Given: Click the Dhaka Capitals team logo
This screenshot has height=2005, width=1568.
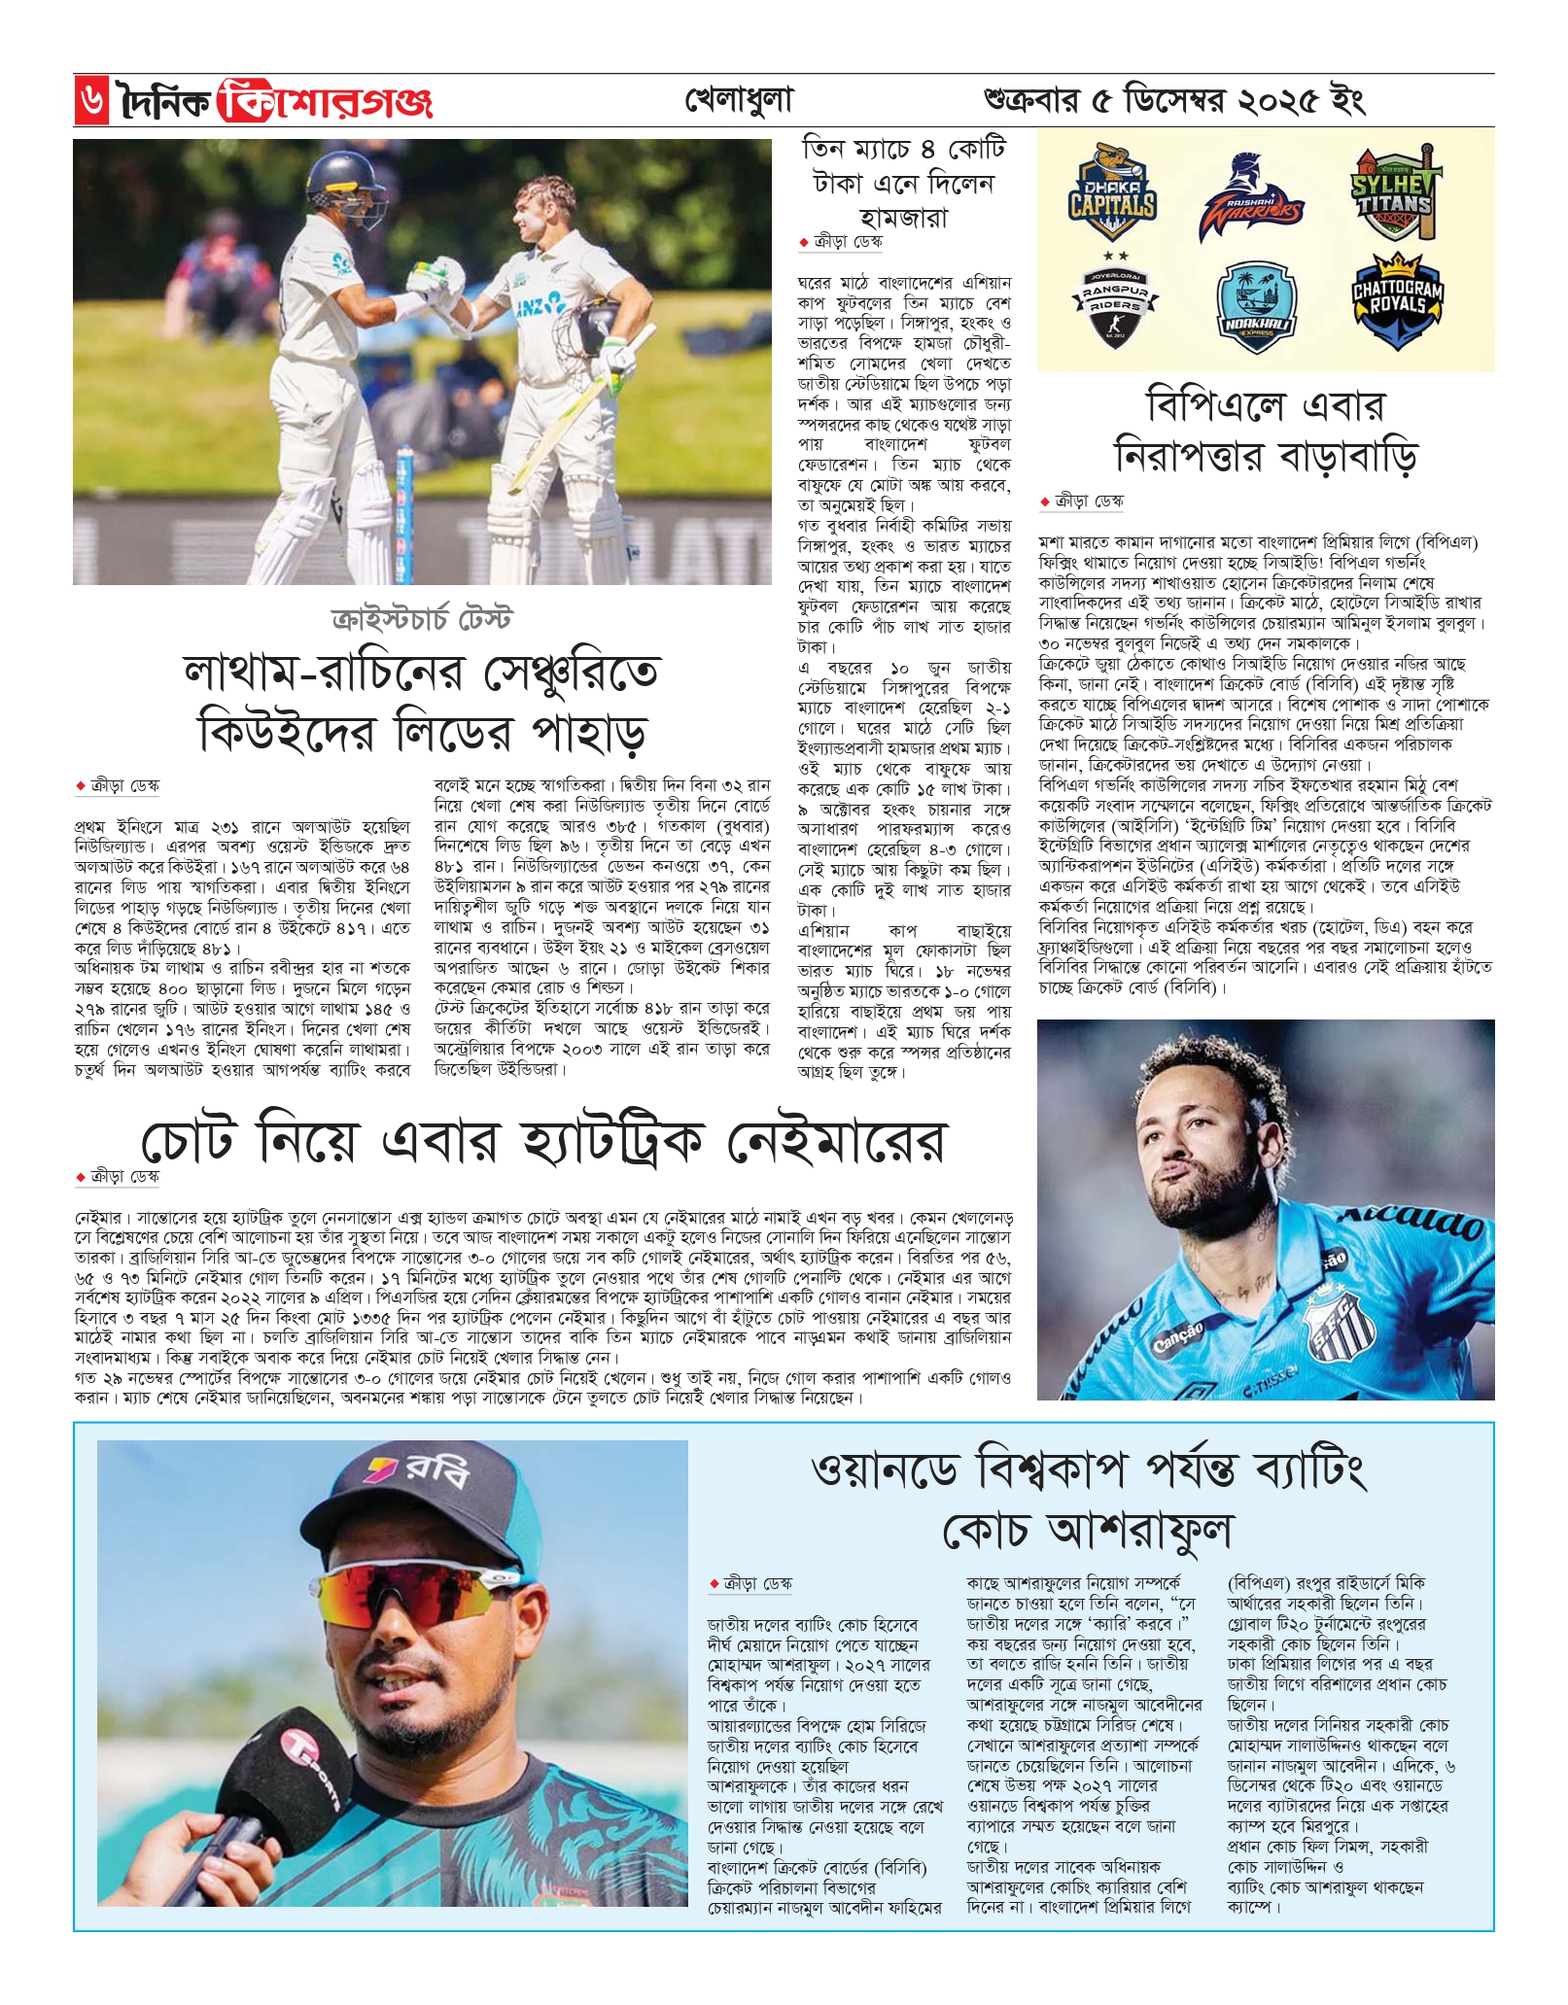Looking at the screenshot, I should point(1112,194).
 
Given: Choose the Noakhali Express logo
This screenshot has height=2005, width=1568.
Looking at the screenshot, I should point(1252,307).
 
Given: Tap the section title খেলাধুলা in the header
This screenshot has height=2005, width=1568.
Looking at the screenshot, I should point(739,100).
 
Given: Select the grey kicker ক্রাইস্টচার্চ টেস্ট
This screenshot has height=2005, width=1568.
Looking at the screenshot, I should point(421,619).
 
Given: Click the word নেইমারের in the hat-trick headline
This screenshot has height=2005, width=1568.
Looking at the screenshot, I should point(836,1141).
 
